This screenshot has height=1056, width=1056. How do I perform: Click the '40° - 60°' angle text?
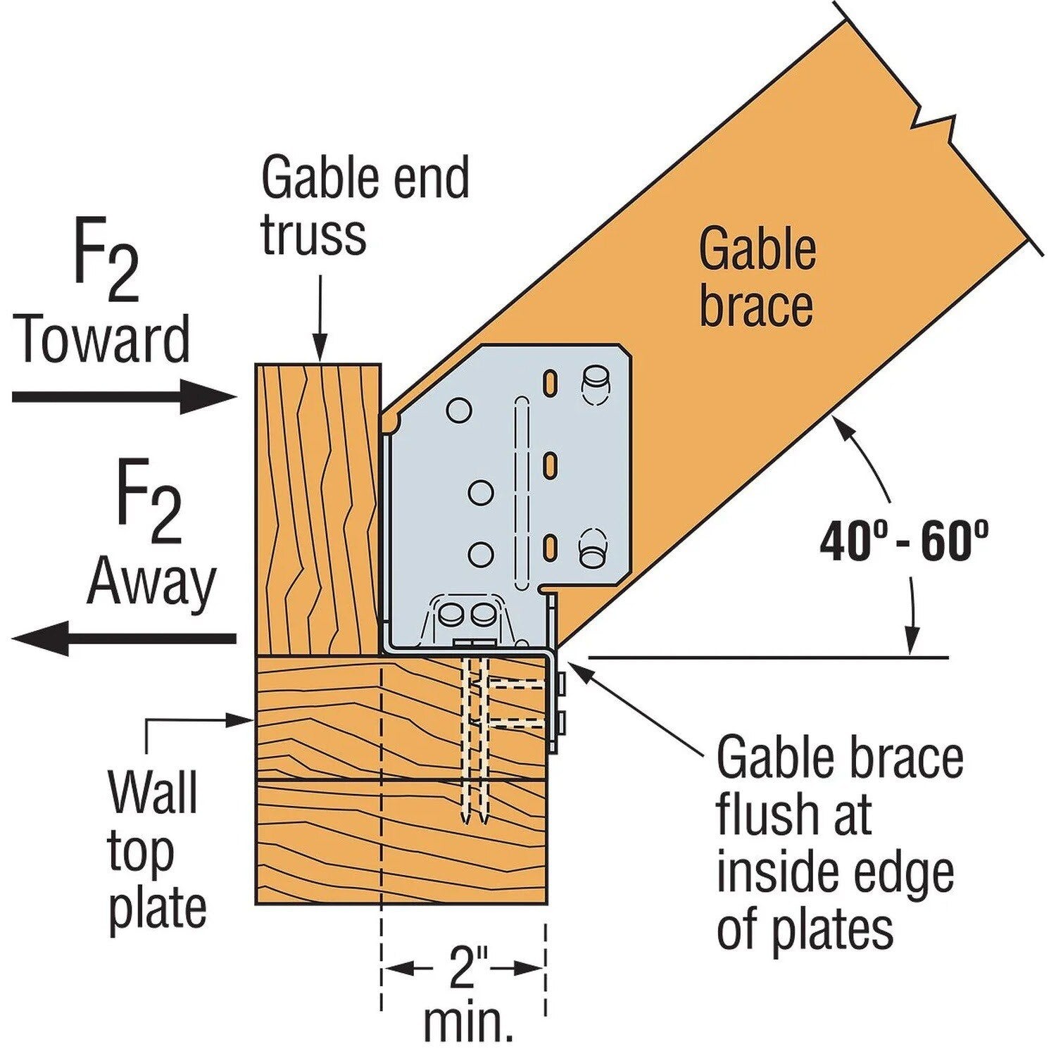click(x=903, y=541)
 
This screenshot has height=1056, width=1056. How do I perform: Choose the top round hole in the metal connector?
click(x=459, y=410)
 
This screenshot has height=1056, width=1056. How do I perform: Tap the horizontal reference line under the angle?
click(x=767, y=658)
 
